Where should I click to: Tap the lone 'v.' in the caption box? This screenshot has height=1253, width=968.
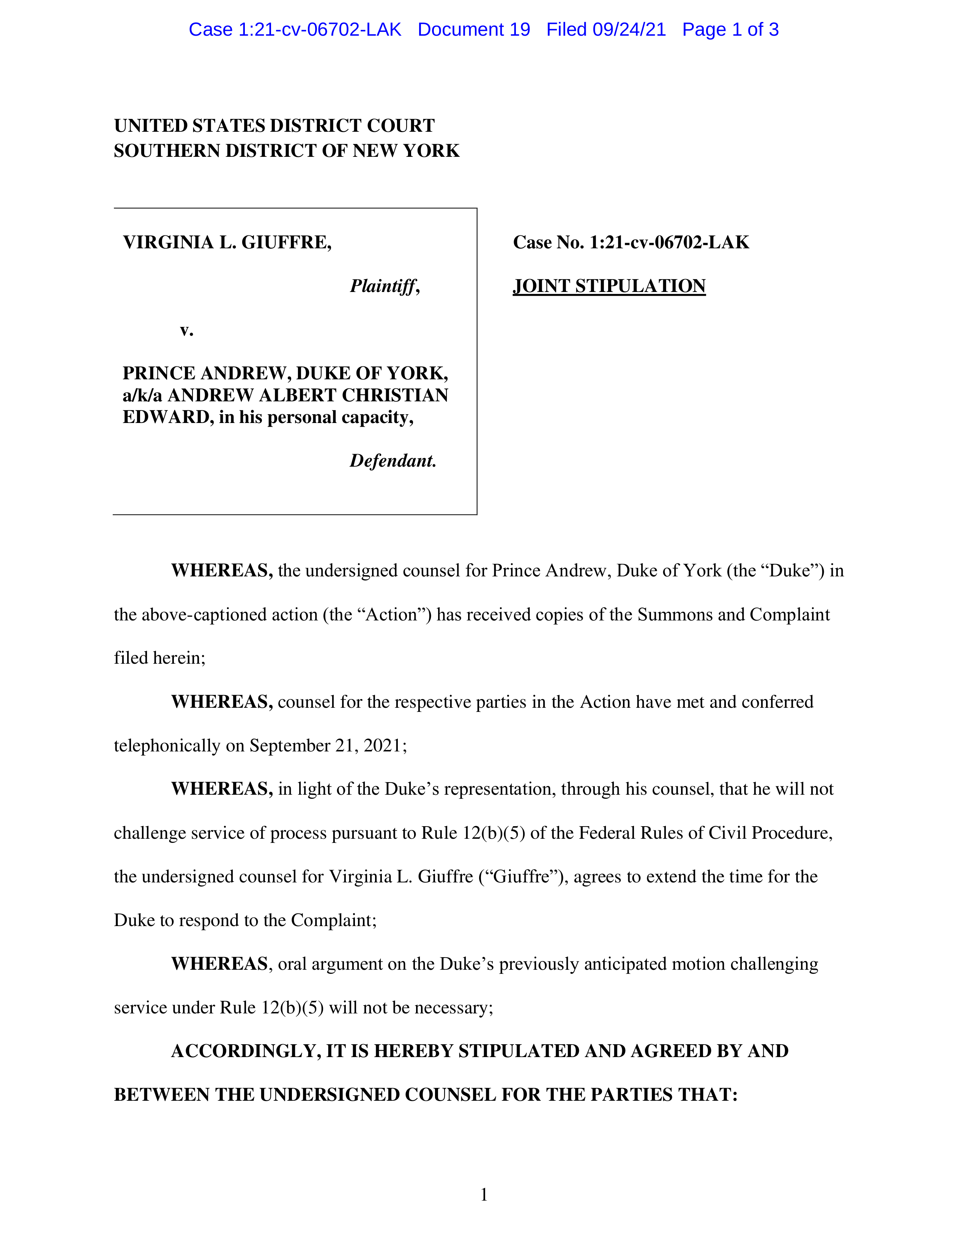coord(186,330)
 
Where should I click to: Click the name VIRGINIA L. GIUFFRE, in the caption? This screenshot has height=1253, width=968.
coord(227,242)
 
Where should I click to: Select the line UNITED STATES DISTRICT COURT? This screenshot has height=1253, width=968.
coord(274,126)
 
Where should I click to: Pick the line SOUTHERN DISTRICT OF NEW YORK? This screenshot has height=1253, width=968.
coord(286,151)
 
